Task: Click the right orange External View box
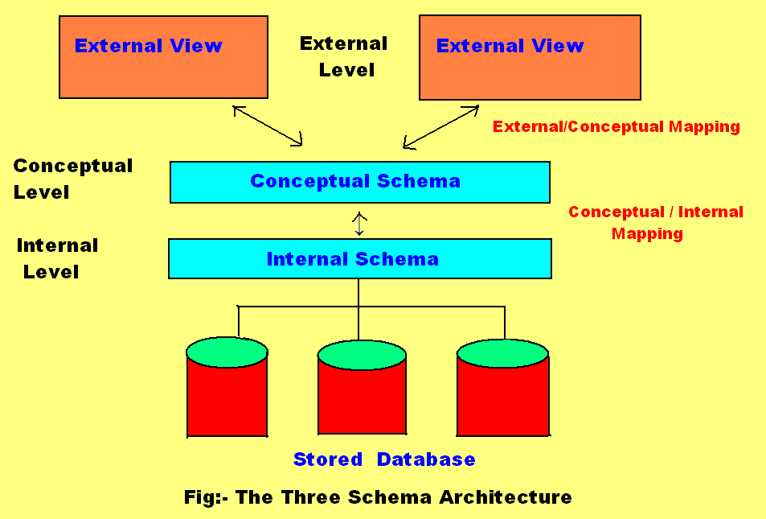530,57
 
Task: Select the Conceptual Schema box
359,182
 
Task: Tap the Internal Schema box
359,258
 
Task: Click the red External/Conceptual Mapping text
616,126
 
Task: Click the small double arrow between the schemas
359,223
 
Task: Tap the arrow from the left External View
268,126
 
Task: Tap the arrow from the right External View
440,127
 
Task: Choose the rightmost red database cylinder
503,398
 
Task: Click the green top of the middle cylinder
362,355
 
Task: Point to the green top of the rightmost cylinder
503,353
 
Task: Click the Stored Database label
383,459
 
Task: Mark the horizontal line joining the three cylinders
434,306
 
